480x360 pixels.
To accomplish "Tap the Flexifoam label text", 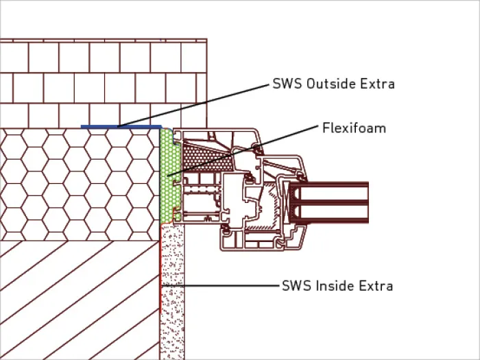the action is (355, 128).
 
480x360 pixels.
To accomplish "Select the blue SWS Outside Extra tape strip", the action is (121, 126).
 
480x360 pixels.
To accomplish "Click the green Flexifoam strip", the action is (170, 176).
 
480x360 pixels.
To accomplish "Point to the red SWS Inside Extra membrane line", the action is (160, 269).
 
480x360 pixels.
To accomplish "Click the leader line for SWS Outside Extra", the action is (193, 106).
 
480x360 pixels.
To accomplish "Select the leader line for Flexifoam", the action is (243, 150).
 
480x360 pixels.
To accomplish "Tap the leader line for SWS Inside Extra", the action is (220, 286).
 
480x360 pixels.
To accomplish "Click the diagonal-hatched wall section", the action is (80, 300).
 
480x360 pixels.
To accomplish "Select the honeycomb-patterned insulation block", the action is (80, 184).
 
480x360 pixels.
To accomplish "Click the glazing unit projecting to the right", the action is (329, 202).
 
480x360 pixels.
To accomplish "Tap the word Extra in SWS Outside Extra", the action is (377, 84).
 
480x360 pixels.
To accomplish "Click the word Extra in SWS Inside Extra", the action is (376, 286).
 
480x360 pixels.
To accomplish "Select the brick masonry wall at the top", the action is (104, 83).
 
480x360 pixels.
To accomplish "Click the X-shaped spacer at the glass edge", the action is (286, 202).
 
